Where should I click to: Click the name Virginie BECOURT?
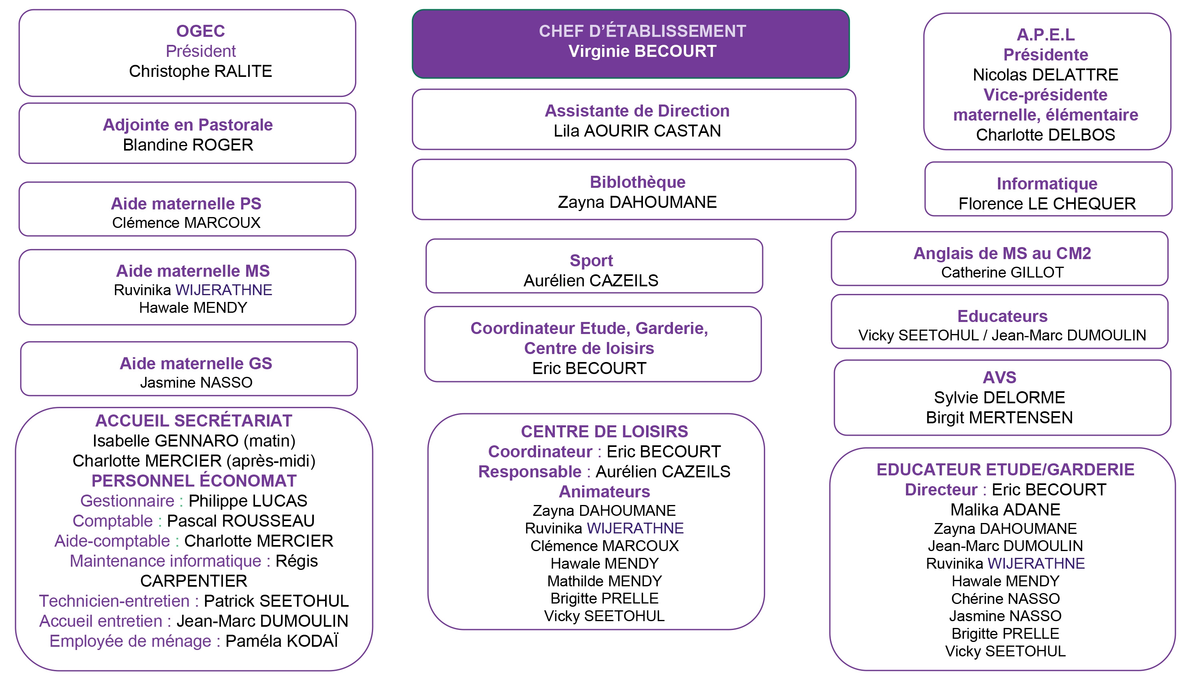[642, 51]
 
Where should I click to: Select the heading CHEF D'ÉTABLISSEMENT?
[642, 31]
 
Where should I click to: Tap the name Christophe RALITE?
[201, 71]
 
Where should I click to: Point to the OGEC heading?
[201, 31]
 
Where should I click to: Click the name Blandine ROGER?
[188, 145]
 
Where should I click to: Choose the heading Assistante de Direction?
[637, 111]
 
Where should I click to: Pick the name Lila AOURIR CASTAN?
[637, 131]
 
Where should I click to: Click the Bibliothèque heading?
[637, 182]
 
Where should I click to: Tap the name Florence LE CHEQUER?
[1047, 204]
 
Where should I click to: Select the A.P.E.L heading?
[1046, 34]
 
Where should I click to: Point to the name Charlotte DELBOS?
[1046, 135]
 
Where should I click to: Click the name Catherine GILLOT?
[1002, 272]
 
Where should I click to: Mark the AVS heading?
[1000, 377]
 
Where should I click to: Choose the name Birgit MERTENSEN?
[1000, 418]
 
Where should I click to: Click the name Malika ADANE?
[1005, 509]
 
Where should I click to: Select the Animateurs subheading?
[605, 492]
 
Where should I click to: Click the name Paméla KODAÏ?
[281, 641]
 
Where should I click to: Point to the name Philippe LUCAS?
[248, 501]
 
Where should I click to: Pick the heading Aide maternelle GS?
[196, 363]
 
